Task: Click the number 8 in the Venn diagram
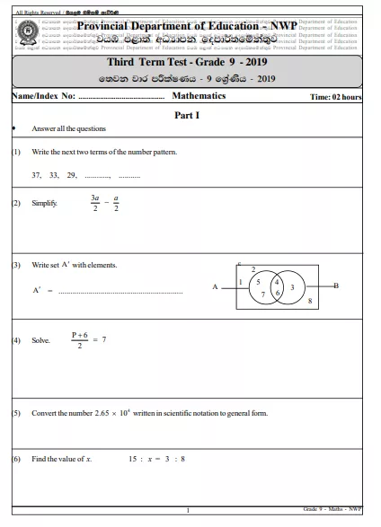pyautogui.click(x=309, y=302)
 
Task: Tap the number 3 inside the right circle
pyautogui.click(x=292, y=286)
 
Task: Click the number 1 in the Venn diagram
pyautogui.click(x=241, y=282)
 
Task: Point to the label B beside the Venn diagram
pyautogui.click(x=335, y=285)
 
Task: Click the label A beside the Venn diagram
pyautogui.click(x=215, y=287)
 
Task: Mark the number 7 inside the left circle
pyautogui.click(x=262, y=294)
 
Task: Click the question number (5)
pyautogui.click(x=16, y=413)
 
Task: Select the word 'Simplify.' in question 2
pyautogui.click(x=44, y=204)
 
